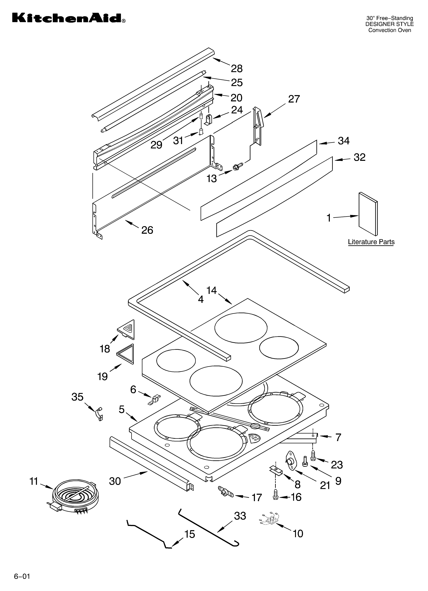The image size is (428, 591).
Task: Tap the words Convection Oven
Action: coord(389,30)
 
